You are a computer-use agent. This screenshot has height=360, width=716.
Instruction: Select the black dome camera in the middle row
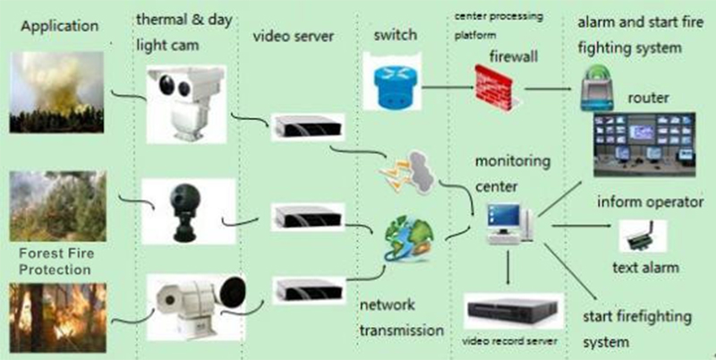[183, 211]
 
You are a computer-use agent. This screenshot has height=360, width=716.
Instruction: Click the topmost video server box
[307, 126]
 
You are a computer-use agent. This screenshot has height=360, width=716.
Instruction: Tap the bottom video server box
[306, 289]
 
